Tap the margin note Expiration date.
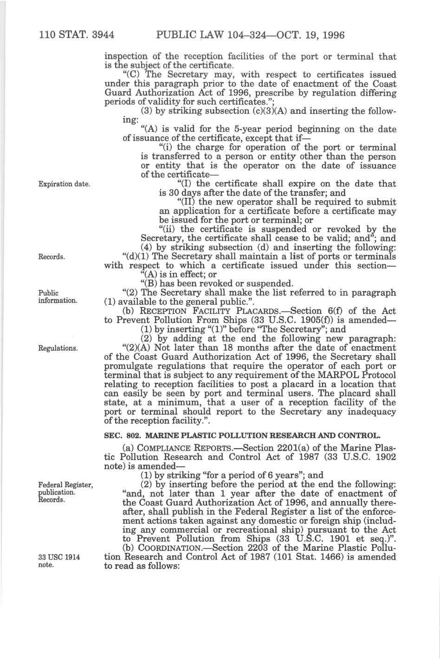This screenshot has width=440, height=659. [x=64, y=184]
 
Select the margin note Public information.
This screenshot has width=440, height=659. [x=58, y=297]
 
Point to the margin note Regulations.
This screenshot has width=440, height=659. [x=58, y=348]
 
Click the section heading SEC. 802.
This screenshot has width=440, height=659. [x=121, y=436]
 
